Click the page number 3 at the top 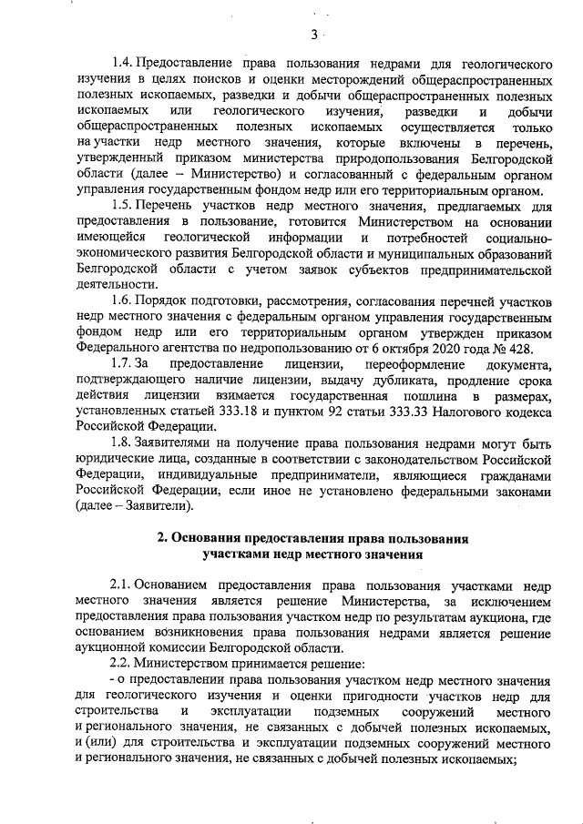coord(312,35)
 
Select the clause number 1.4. coord(121,66)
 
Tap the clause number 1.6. coord(120,300)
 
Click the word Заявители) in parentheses coord(159,505)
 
